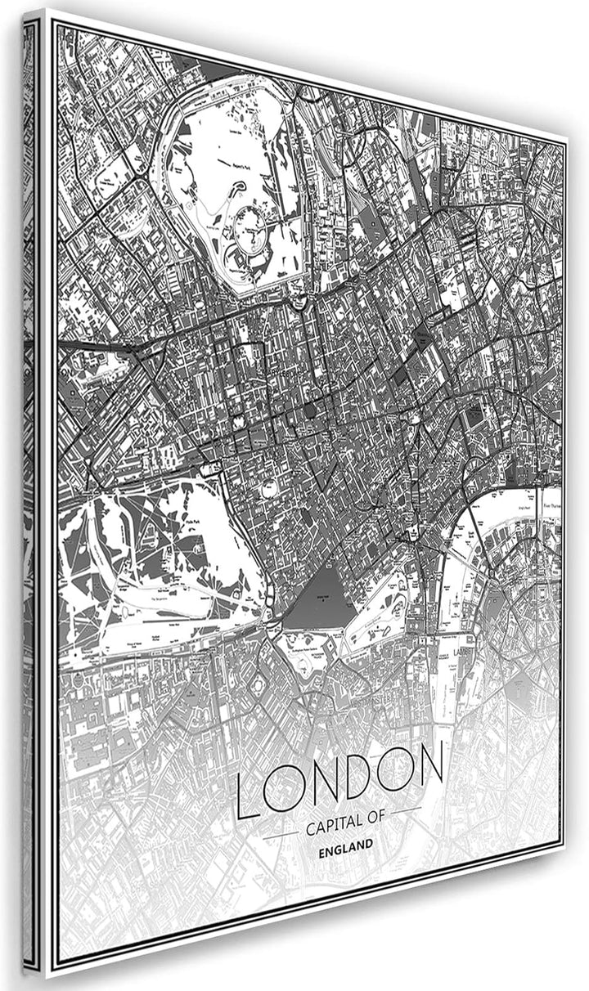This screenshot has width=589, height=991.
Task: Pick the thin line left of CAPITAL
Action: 281,834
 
